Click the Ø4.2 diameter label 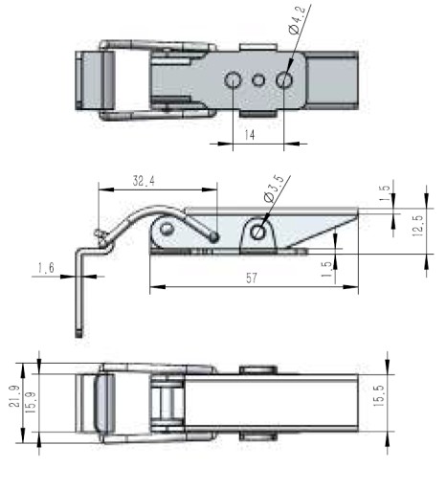click(x=298, y=19)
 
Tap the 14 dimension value click(x=250, y=135)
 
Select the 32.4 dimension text click(x=144, y=181)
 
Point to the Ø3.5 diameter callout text click(x=274, y=188)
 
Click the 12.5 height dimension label click(x=417, y=226)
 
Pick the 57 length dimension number click(x=252, y=278)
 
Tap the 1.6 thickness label click(x=46, y=268)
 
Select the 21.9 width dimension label click(x=14, y=396)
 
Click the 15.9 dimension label click(x=31, y=403)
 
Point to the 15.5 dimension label click(x=378, y=395)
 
